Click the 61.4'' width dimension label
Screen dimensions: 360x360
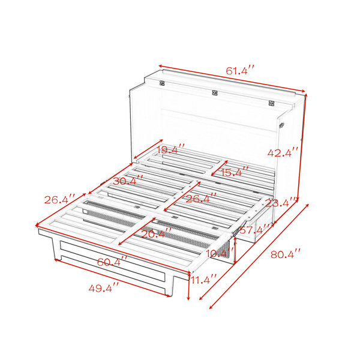point(240,70)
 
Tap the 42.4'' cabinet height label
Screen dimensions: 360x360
point(283,152)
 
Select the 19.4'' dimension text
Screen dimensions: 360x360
point(170,149)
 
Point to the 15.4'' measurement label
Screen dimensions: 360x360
point(234,172)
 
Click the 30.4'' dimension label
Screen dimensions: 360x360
point(128,181)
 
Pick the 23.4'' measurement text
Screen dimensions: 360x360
point(280,203)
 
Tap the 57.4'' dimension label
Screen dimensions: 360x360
point(254,229)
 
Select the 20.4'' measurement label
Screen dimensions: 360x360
point(156,233)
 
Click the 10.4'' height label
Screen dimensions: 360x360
point(220,253)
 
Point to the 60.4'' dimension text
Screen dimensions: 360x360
point(112,262)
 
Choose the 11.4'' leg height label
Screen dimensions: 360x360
point(203,280)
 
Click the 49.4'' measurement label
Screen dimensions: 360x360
point(104,287)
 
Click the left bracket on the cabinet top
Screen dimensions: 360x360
point(162,83)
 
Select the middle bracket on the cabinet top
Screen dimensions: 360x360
point(215,93)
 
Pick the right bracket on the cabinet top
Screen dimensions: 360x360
point(271,103)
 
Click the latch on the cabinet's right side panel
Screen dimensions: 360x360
point(282,125)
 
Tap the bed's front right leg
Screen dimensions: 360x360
point(170,286)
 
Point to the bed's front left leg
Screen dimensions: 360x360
point(56,248)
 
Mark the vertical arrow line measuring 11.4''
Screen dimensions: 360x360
point(188,286)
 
